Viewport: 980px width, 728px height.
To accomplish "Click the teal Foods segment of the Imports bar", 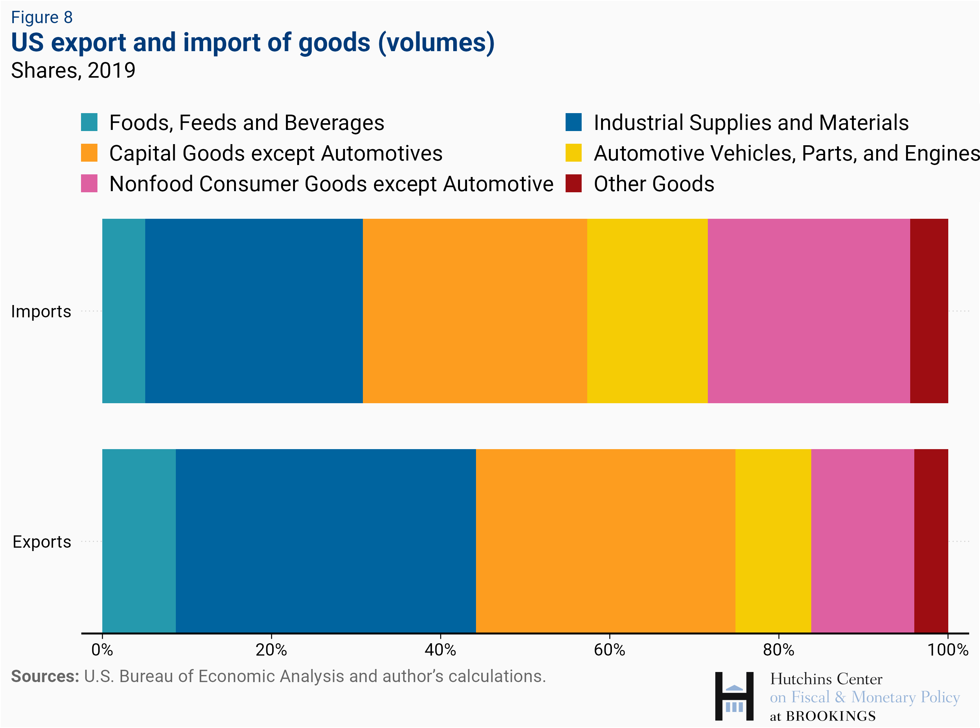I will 123,311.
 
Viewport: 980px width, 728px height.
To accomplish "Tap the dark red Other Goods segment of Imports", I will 928,311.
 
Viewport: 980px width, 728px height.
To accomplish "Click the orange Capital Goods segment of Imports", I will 475,311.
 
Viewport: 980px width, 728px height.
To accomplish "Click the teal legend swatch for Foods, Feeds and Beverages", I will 89,122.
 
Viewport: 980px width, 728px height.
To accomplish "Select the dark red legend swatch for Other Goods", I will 573,183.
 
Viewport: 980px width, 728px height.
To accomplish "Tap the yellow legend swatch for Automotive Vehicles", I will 573,153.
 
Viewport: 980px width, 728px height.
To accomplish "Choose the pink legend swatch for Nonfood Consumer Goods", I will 89,183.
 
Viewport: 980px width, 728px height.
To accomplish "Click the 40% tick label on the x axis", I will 440,650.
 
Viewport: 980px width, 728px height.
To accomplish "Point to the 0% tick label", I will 102,650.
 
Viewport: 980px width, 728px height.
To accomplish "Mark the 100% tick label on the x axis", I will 948,650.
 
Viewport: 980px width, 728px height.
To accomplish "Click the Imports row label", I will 41,311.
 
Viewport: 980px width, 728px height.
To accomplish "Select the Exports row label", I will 41,542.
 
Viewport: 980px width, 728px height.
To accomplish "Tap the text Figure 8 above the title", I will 42,18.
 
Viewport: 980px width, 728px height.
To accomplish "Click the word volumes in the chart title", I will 436,43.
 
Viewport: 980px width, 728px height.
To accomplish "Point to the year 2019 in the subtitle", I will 112,71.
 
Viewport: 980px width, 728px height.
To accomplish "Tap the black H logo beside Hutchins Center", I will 734,696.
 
